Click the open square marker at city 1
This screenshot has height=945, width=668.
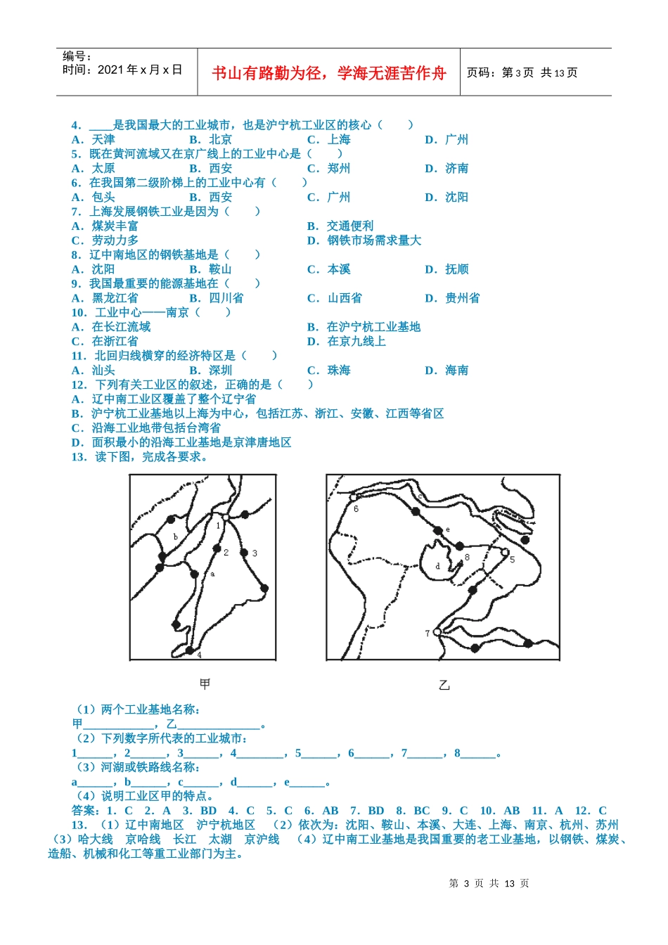click(x=226, y=517)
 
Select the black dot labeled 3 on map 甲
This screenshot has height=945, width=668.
click(x=244, y=553)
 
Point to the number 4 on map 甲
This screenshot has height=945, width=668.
click(x=199, y=655)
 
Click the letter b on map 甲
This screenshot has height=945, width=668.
click(x=175, y=537)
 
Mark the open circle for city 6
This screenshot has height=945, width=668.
click(x=354, y=498)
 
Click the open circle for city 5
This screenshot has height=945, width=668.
click(x=505, y=552)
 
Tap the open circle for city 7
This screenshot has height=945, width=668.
click(x=437, y=632)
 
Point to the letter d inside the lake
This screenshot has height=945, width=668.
click(x=437, y=565)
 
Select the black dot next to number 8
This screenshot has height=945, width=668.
click(x=459, y=546)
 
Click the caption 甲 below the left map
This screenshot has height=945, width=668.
click(x=205, y=683)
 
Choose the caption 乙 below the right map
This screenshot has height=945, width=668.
click(x=444, y=685)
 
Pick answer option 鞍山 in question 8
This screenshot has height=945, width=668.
click(x=220, y=269)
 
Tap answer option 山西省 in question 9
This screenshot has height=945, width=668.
click(x=345, y=298)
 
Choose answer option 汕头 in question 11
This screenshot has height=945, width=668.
click(x=103, y=371)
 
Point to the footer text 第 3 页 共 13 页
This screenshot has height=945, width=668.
click(x=489, y=883)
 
